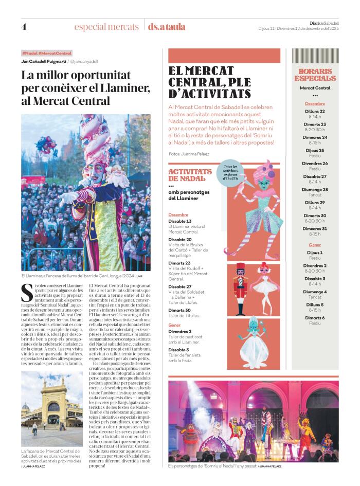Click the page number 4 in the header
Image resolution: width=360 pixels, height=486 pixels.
pos(24,27)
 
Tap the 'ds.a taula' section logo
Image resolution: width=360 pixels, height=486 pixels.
pos(166,27)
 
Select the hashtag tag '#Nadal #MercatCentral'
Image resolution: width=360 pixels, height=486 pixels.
pos(47,53)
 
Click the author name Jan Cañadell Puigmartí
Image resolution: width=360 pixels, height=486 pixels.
pos(44,61)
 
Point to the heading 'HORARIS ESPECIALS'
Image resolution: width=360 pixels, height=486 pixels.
pos(315,75)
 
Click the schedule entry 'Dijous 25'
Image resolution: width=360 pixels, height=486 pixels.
pos(315,151)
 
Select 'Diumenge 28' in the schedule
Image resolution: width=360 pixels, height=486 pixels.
pos(315,189)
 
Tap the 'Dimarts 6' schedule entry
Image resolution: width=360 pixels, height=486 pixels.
pos(315,318)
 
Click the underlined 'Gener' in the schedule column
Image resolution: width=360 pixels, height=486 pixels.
pos(315,245)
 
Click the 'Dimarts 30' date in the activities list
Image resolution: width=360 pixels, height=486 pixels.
pos(180,310)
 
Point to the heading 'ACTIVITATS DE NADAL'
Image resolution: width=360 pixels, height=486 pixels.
pos(190,175)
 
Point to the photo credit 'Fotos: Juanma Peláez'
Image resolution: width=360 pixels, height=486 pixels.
pos(189,154)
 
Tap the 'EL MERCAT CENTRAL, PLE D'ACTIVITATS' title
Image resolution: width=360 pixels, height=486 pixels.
pos(209,82)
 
